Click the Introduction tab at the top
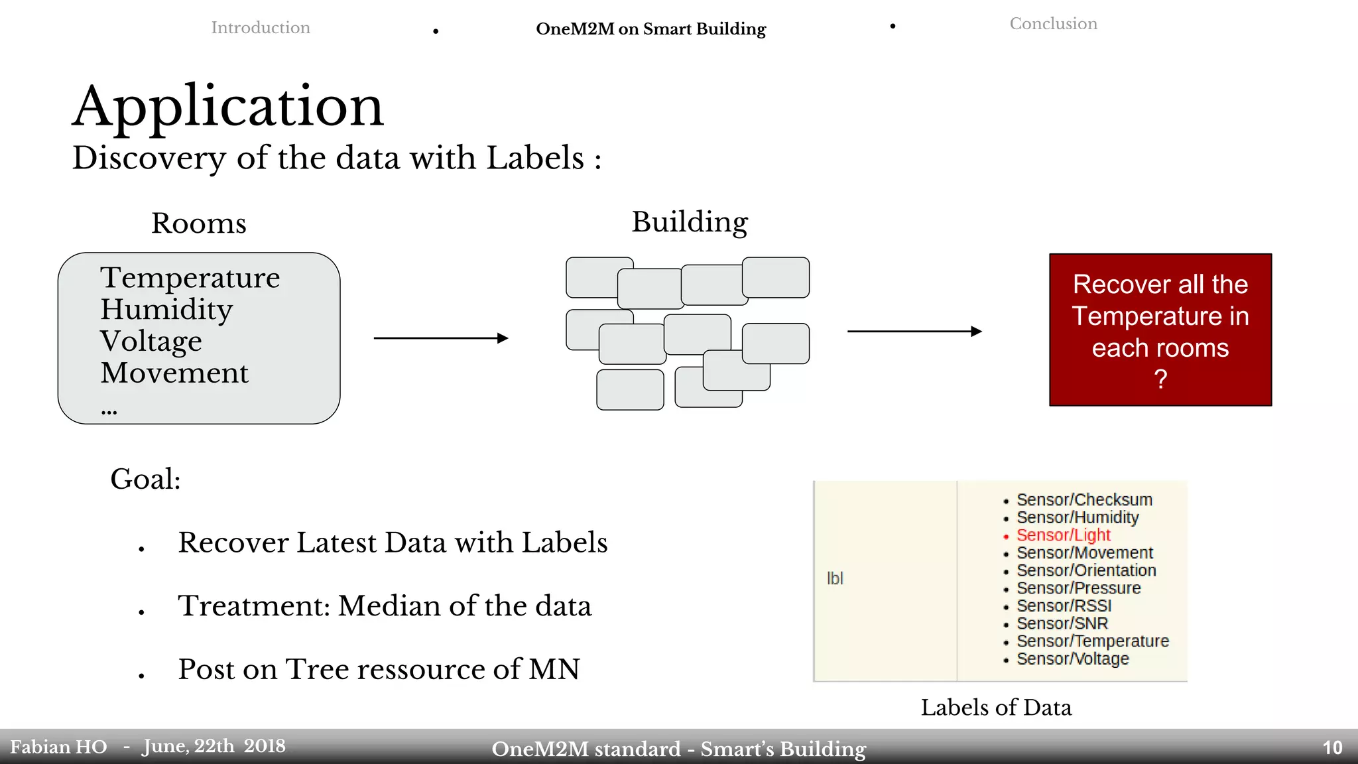pyautogui.click(x=261, y=28)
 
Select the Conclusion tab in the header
pyautogui.click(x=1053, y=24)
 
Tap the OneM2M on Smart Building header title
pyautogui.click(x=650, y=29)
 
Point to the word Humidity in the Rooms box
pyautogui.click(x=166, y=310)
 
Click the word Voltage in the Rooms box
pyautogui.click(x=151, y=342)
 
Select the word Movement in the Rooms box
pyautogui.click(x=174, y=373)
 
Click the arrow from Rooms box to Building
pyautogui.click(x=441, y=338)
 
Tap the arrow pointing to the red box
pyautogui.click(x=914, y=331)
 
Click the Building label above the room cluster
pyautogui.click(x=690, y=222)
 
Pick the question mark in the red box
pyautogui.click(x=1160, y=379)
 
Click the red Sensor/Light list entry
pyautogui.click(x=1063, y=535)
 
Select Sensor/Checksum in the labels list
pyautogui.click(x=1084, y=500)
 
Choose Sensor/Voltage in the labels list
pyautogui.click(x=1072, y=659)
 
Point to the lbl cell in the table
pyautogui.click(x=835, y=578)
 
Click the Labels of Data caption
pyautogui.click(x=996, y=708)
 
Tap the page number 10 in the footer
pyautogui.click(x=1332, y=748)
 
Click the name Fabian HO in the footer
pyautogui.click(x=58, y=747)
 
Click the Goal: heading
pyautogui.click(x=145, y=479)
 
